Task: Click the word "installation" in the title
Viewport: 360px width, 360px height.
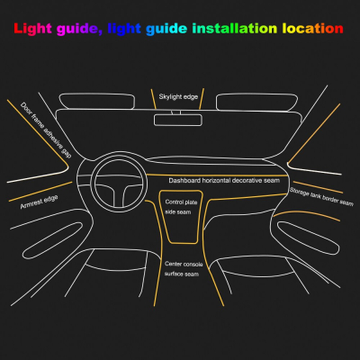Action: click(x=230, y=29)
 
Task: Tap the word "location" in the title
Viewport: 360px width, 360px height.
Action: click(x=313, y=29)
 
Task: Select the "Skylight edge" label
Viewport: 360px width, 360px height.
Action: click(x=177, y=94)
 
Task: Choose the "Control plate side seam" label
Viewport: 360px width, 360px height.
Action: click(x=178, y=207)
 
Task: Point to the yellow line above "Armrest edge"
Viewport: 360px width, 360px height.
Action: click(x=34, y=192)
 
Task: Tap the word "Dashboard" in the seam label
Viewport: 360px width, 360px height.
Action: click(x=185, y=180)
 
